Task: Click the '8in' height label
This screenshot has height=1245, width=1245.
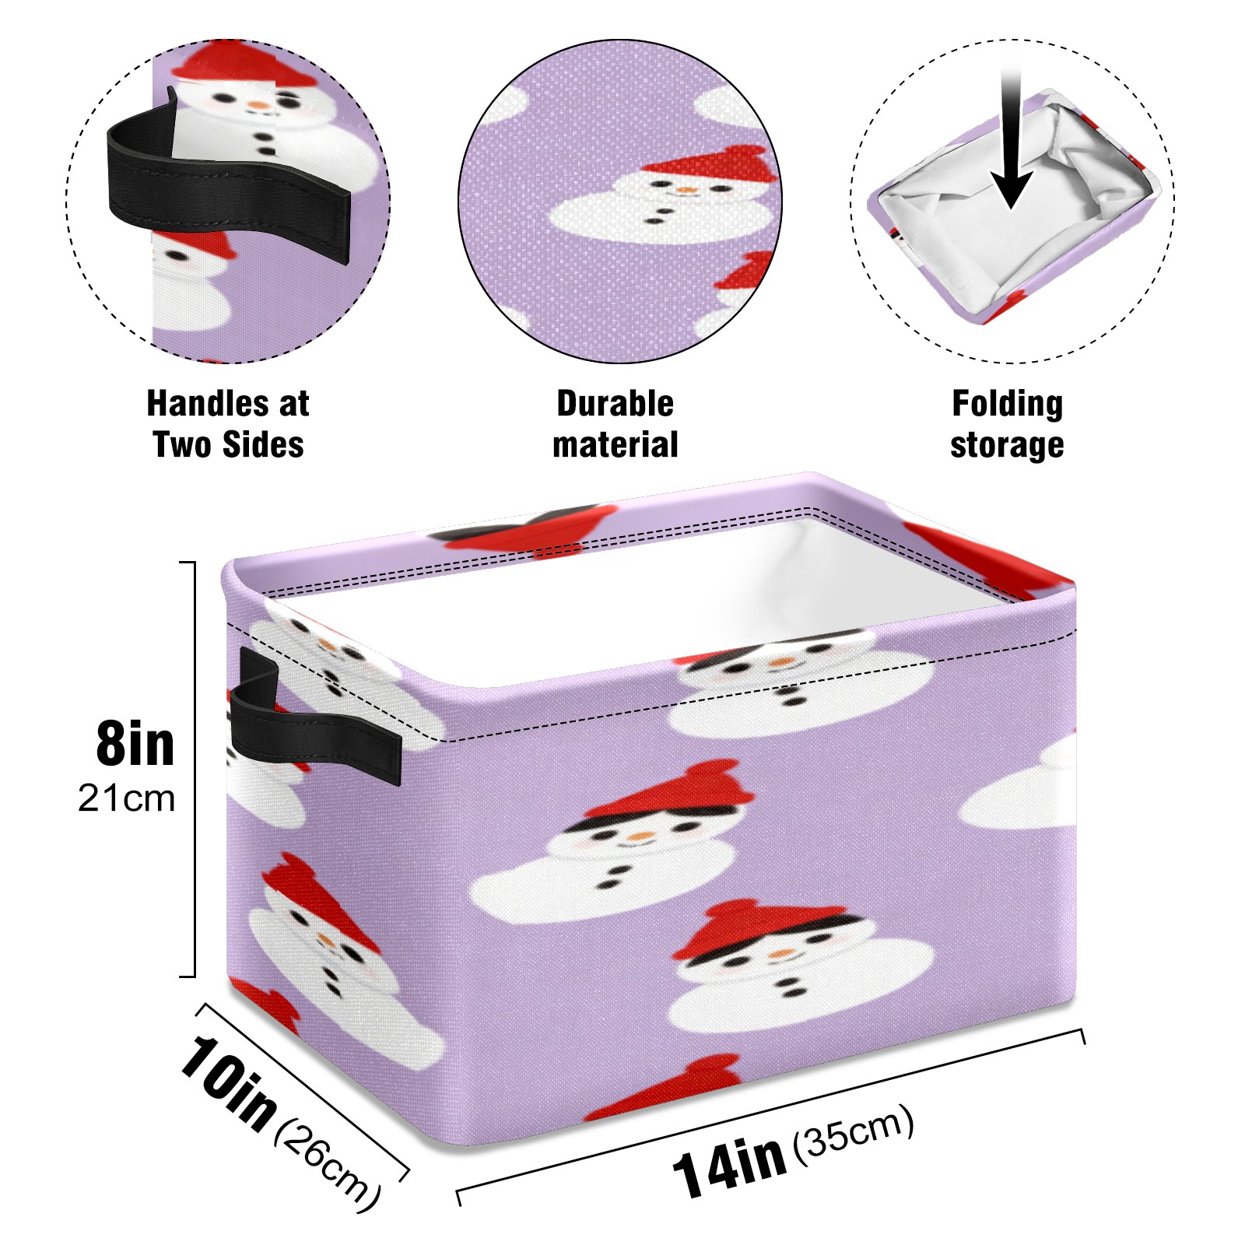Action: [135, 744]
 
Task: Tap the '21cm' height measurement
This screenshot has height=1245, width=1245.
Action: [127, 798]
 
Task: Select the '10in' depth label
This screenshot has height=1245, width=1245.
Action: [227, 1082]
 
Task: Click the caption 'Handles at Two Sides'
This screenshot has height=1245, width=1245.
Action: [228, 424]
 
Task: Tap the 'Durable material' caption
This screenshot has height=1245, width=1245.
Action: [615, 424]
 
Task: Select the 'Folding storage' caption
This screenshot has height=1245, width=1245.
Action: [1007, 425]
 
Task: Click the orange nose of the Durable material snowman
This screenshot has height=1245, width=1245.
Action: [685, 190]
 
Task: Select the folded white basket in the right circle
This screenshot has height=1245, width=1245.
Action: [1012, 206]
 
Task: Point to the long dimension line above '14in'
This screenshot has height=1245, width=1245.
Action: [770, 1117]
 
